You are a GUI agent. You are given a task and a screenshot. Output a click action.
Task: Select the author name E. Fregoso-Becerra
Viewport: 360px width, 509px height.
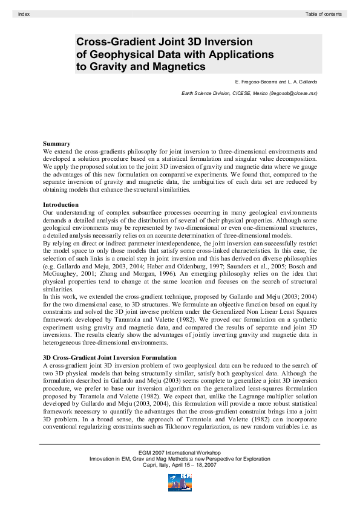coord(255,81)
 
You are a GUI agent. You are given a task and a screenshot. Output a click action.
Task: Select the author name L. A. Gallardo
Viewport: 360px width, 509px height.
coord(299,81)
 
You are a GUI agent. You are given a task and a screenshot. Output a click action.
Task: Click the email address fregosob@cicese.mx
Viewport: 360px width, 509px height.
coord(293,93)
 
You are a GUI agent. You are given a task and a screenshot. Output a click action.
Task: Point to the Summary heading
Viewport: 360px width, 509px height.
coord(56,143)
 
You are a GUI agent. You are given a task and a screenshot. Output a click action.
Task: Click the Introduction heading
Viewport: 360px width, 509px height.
coord(61,205)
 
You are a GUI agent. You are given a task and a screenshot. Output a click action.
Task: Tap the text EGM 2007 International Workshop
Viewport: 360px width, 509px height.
coord(180,452)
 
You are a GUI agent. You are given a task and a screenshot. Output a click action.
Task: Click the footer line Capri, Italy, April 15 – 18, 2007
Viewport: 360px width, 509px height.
coord(180,464)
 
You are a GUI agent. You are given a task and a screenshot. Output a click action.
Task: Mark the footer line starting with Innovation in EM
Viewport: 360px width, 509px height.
coord(180,458)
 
